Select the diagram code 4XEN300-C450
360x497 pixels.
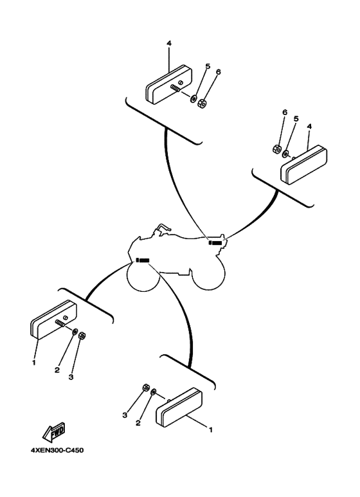(57, 449)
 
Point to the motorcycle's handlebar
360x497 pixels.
(163, 228)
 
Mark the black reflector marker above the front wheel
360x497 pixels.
(143, 260)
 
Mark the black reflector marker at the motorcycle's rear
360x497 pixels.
(215, 244)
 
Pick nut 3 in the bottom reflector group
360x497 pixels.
(146, 388)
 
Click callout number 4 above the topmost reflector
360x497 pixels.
(168, 44)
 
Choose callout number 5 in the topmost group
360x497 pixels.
(207, 66)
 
